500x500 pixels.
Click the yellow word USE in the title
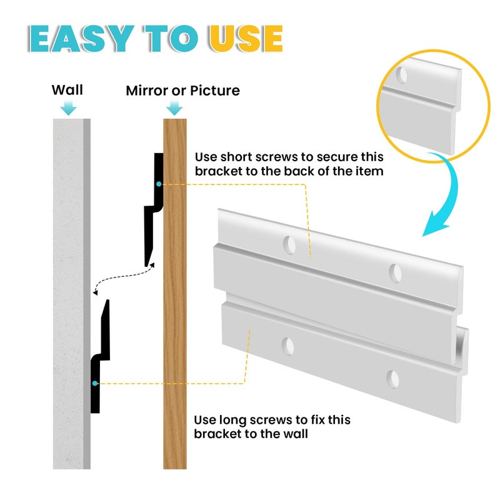[x=246, y=38]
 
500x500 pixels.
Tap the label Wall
[x=67, y=90]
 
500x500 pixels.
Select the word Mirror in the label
[x=147, y=91]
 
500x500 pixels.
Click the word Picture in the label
[x=214, y=91]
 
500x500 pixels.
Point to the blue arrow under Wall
[x=69, y=107]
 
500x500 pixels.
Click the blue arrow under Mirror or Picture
[x=174, y=107]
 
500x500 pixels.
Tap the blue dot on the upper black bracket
[x=159, y=184]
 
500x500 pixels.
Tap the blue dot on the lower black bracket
[x=95, y=383]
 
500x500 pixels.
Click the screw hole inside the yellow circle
[x=401, y=75]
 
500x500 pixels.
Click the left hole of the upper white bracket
[x=289, y=245]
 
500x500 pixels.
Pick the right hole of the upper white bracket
[x=396, y=273]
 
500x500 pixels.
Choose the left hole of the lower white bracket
[x=288, y=346]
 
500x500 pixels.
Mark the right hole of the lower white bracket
[x=392, y=379]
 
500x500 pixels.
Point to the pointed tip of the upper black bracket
[x=146, y=266]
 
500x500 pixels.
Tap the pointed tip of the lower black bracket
[x=107, y=301]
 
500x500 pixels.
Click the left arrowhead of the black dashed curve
[x=95, y=292]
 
